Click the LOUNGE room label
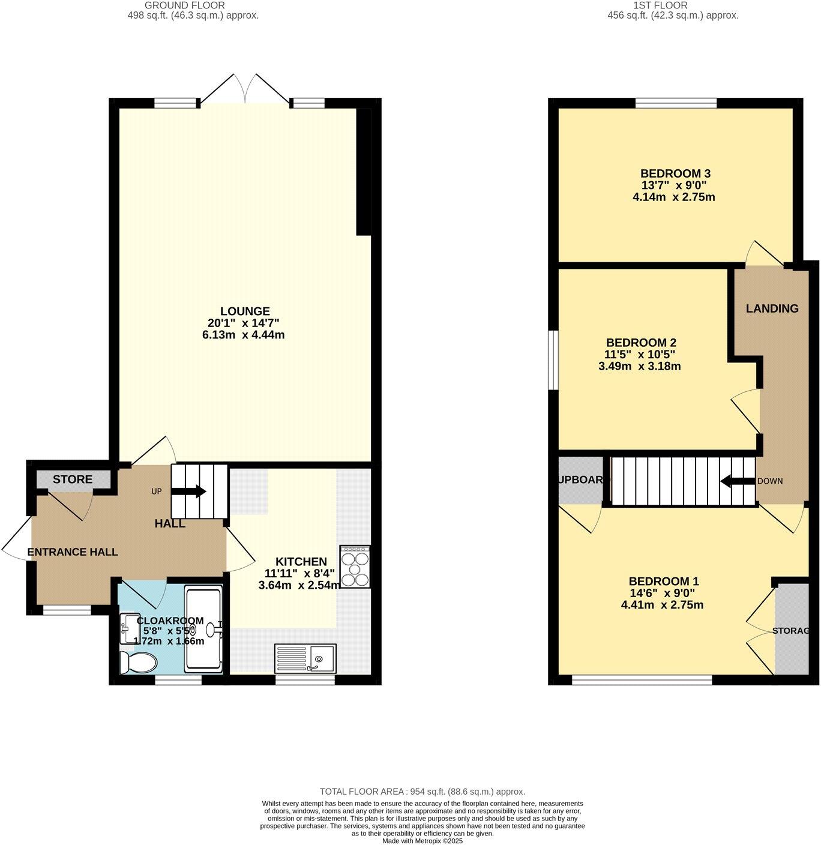pos(245,311)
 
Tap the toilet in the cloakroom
pos(139,663)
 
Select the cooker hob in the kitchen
pos(355,567)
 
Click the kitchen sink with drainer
pos(305,658)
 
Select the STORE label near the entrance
pos(73,480)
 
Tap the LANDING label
pos(772,308)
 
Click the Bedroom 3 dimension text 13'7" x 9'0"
pos(675,185)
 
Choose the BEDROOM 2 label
pos(640,343)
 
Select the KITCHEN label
pos(301,562)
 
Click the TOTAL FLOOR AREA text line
pos(422,792)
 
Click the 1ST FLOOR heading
pos(673,5)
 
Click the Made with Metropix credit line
pos(423,841)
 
